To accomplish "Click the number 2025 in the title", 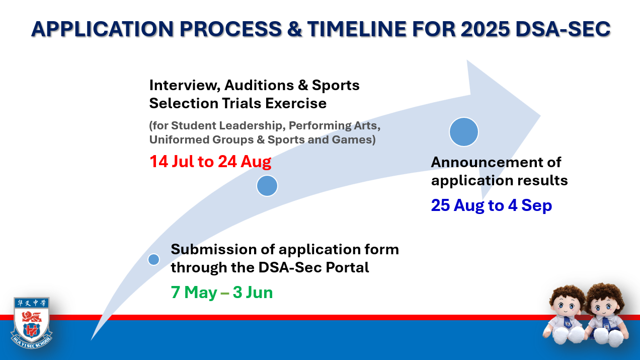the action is coord(485,29).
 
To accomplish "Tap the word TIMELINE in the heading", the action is coord(357,29).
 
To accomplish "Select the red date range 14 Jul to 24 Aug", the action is coord(210,162).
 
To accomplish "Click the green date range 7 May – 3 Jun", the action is coord(222,293).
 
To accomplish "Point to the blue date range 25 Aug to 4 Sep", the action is coord(492,205).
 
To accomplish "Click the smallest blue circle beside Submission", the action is coord(154,260).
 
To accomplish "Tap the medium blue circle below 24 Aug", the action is coord(267,186).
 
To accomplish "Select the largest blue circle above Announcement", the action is coord(464,132).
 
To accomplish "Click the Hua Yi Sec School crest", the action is coord(31,323).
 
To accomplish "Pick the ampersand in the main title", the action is coord(294,29).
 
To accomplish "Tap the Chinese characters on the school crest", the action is coord(31,303).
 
